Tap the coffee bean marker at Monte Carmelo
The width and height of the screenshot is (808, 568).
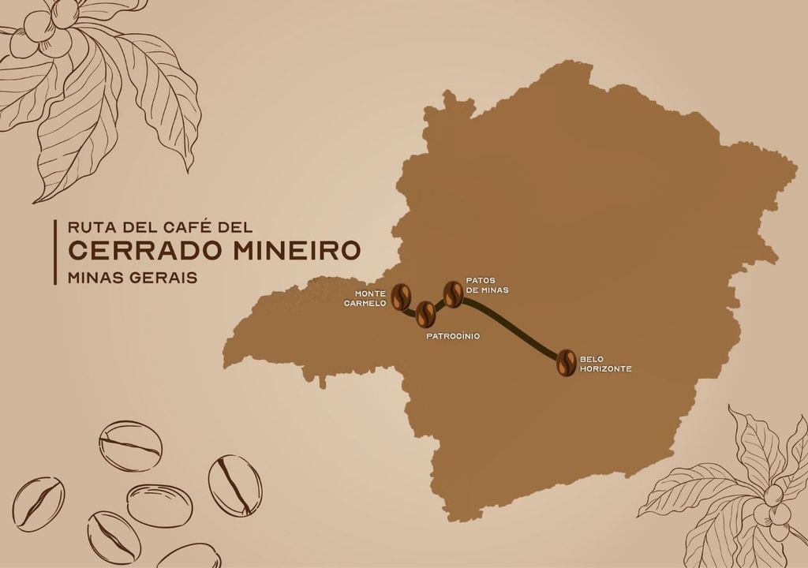(x=402, y=297)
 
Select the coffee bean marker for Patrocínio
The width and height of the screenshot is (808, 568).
(x=425, y=314)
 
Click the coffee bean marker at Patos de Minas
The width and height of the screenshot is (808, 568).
(x=453, y=294)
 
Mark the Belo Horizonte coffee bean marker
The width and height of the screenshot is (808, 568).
(x=566, y=362)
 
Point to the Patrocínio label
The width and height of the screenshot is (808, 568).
(x=453, y=336)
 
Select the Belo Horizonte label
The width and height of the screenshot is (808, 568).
(x=605, y=364)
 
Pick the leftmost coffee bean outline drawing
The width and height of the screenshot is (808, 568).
(x=39, y=503)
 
